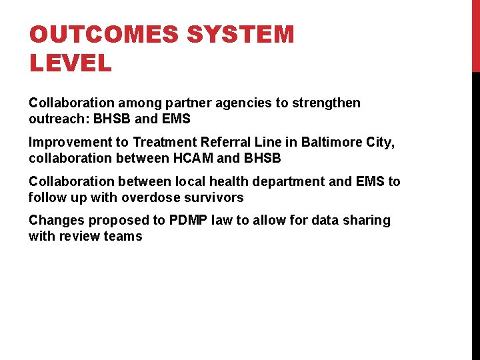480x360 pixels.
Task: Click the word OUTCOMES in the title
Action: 95,34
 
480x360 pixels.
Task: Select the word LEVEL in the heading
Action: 70,64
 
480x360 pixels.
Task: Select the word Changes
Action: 57,221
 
